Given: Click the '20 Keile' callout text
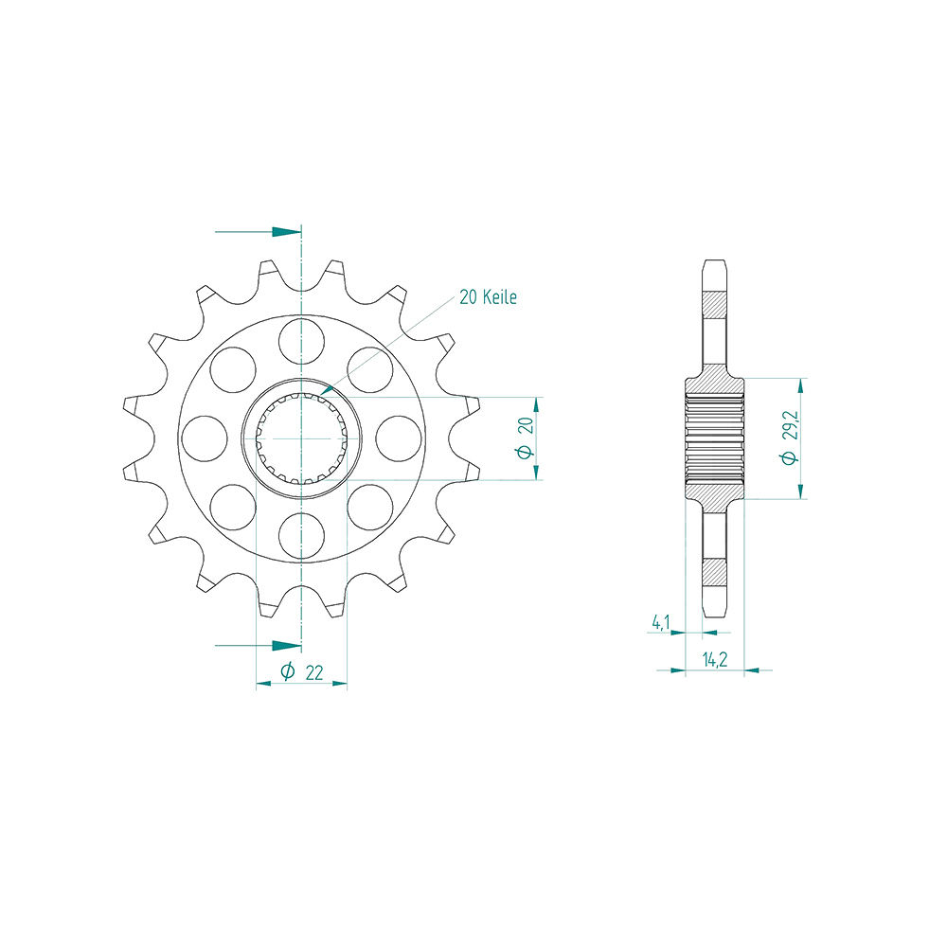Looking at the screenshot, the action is coord(488,297).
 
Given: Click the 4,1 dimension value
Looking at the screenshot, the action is coord(660,622).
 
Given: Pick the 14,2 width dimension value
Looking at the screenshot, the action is coord(714,659).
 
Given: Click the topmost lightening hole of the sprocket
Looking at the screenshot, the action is coord(301,341).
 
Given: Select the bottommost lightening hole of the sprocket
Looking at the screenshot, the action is coord(301,536).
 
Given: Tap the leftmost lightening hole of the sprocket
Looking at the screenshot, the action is coord(205,438).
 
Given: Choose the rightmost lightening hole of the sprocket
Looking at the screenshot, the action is coord(399,438).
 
